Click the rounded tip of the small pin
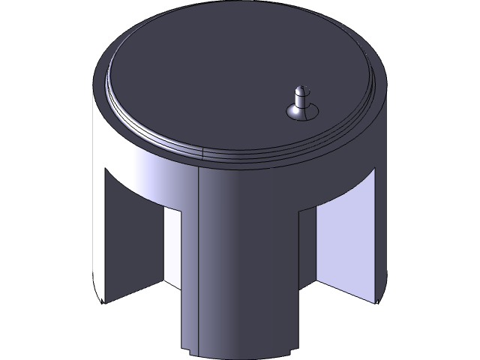301,89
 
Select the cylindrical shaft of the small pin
301,100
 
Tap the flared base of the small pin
301,113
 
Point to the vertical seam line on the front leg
197,262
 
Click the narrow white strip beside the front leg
172,247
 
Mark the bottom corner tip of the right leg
376,301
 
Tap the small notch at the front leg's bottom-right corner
292,350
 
